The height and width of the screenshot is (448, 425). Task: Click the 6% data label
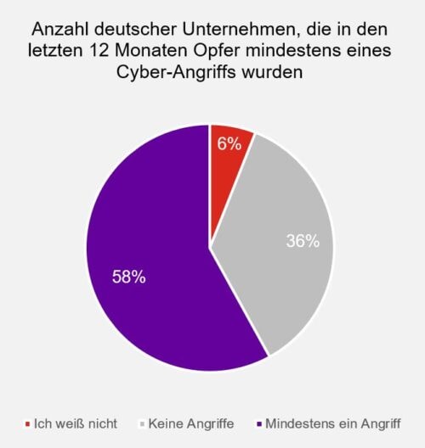click(x=229, y=144)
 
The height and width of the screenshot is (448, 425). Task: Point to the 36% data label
click(x=303, y=241)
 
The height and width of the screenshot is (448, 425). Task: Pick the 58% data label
click(x=129, y=277)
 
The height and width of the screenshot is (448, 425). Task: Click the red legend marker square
click(x=28, y=423)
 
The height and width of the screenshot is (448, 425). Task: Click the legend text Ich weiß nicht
click(x=76, y=423)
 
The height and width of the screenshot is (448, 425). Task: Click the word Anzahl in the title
click(x=62, y=30)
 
